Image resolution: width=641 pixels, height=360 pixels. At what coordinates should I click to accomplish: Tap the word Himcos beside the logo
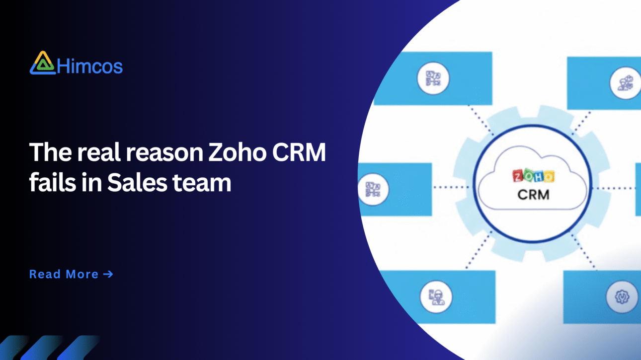[89, 66]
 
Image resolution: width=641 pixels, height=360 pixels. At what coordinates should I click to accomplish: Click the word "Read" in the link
[45, 274]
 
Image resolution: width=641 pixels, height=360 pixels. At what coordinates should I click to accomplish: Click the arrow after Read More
[108, 274]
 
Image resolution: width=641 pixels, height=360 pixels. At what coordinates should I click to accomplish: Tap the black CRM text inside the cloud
[533, 194]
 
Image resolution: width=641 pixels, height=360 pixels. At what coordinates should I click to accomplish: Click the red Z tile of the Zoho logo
[517, 177]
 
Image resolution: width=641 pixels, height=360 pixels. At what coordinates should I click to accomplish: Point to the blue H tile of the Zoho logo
[538, 177]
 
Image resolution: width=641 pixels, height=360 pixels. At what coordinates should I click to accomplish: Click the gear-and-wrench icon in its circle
[622, 297]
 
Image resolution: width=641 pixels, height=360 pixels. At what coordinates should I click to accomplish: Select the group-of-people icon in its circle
[625, 81]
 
